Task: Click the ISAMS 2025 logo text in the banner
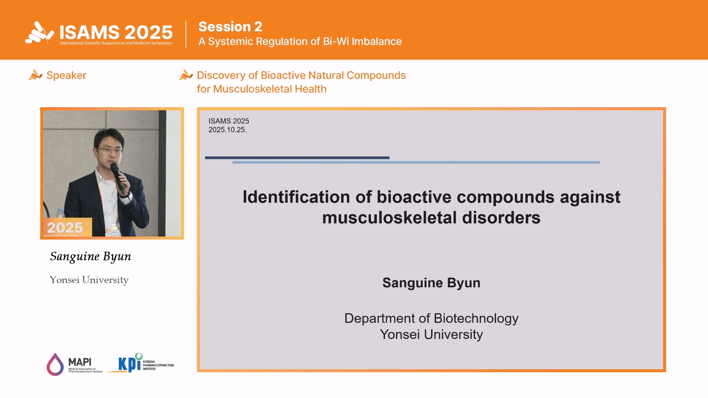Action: [x=116, y=32]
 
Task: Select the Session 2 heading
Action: [x=230, y=27]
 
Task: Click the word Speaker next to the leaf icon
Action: [x=66, y=76]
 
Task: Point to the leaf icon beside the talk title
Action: [x=186, y=75]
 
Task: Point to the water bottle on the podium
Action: [x=60, y=214]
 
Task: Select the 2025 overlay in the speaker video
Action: [x=65, y=228]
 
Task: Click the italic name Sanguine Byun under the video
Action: [x=91, y=256]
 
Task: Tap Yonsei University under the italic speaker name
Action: [x=89, y=280]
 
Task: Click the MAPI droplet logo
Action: [x=55, y=364]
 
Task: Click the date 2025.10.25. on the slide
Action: [x=228, y=130]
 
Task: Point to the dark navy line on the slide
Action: [x=297, y=158]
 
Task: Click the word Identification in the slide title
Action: [x=296, y=197]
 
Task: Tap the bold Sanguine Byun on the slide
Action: [x=431, y=283]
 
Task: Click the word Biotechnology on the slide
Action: [x=476, y=318]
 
